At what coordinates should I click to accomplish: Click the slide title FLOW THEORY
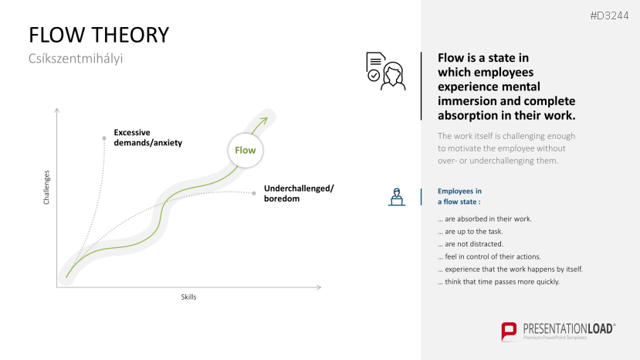[99, 35]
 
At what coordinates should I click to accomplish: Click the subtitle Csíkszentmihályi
[76, 59]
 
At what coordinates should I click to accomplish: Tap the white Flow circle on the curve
[246, 151]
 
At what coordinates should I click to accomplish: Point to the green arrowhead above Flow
[263, 121]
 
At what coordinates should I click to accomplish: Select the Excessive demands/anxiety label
[147, 138]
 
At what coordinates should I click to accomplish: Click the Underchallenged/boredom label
[299, 193]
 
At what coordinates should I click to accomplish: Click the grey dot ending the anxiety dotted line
[104, 138]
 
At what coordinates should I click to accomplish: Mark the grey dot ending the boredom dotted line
[254, 193]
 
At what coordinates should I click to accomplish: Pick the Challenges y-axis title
[46, 188]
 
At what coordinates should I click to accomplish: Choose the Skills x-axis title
[188, 297]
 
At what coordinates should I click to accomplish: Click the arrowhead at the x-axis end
[319, 287]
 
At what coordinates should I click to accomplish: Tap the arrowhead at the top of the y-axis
[56, 110]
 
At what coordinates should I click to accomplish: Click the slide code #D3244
[609, 16]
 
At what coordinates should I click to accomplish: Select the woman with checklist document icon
[386, 71]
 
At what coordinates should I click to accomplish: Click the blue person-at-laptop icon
[396, 197]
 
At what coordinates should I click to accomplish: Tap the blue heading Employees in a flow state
[459, 196]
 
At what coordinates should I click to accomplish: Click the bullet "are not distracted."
[471, 244]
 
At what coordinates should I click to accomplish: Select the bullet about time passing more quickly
[499, 281]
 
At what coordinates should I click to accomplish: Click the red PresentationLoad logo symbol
[509, 331]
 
